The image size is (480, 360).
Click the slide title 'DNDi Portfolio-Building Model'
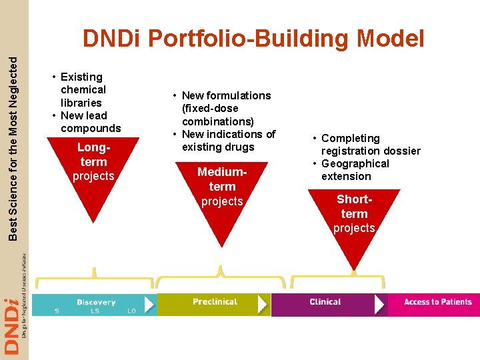coord(253,39)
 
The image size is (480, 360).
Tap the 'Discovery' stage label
coord(96,302)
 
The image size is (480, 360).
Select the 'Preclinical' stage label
coord(215,302)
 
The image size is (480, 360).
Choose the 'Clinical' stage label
coord(325,302)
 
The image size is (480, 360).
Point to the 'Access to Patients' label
coord(437,302)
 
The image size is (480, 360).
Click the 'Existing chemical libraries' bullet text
coord(83,89)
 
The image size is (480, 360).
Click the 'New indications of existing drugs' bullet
coord(227,140)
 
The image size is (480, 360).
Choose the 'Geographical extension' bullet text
coord(355,169)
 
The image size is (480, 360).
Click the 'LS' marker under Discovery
coord(96,311)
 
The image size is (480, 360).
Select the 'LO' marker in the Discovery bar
coord(131,311)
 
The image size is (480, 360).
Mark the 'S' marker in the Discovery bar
coord(57,311)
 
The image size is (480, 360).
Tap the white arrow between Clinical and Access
coord(380,304)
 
